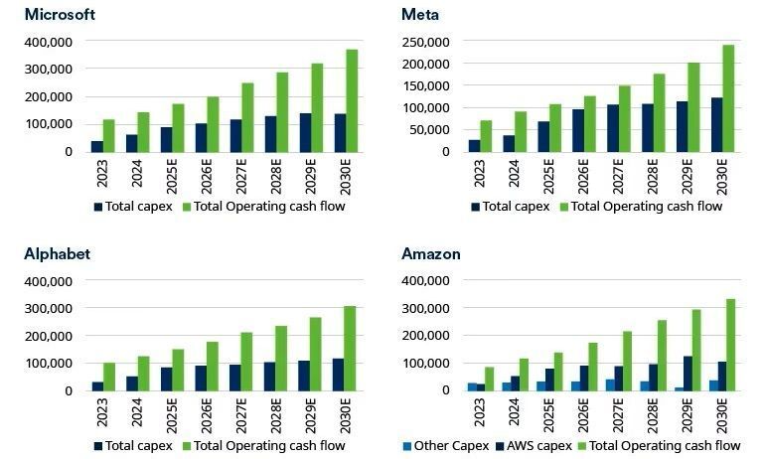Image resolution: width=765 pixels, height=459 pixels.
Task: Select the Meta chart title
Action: (x=420, y=14)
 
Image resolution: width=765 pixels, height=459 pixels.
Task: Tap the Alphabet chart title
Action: (x=57, y=253)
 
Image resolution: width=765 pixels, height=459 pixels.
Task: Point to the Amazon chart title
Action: (x=431, y=253)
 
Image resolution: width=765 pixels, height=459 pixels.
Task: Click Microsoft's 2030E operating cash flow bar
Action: (x=351, y=100)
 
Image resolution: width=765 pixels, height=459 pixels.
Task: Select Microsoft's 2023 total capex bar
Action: (x=97, y=146)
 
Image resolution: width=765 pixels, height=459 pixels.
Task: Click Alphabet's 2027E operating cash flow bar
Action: (x=246, y=361)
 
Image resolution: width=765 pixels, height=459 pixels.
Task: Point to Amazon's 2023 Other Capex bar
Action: (x=472, y=386)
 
